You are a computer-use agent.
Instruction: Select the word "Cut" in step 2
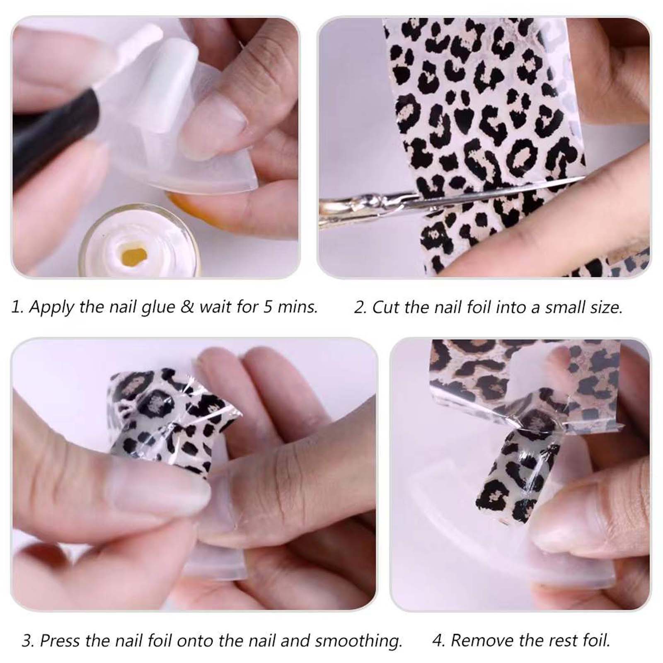point(386,307)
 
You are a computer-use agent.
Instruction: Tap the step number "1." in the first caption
point(17,307)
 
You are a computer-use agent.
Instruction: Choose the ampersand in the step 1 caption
point(187,307)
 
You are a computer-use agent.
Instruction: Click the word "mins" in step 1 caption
point(297,307)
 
